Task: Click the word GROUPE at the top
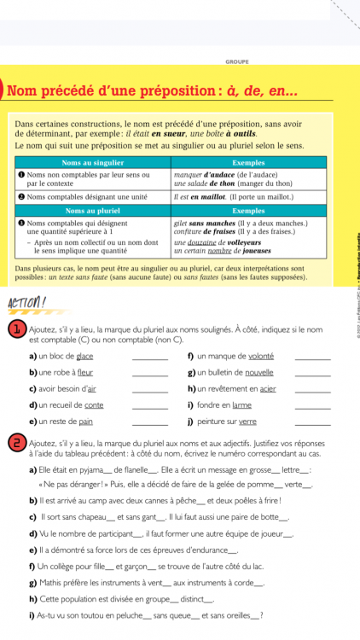coord(236,61)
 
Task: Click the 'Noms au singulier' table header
coord(91,161)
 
